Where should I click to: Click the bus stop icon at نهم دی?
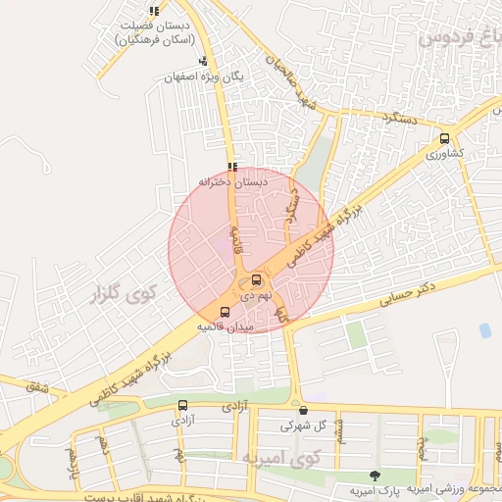coord(257,279)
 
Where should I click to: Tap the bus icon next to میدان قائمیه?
coord(225,312)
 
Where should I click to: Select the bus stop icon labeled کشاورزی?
coord(446,138)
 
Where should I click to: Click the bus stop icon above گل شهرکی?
coord(303,410)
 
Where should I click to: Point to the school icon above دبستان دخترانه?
coord(232,167)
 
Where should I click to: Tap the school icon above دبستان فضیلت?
coord(154,11)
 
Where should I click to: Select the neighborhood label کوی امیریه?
coord(281,457)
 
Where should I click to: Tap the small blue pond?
coord(484,330)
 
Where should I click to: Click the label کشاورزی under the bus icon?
coord(448,155)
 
